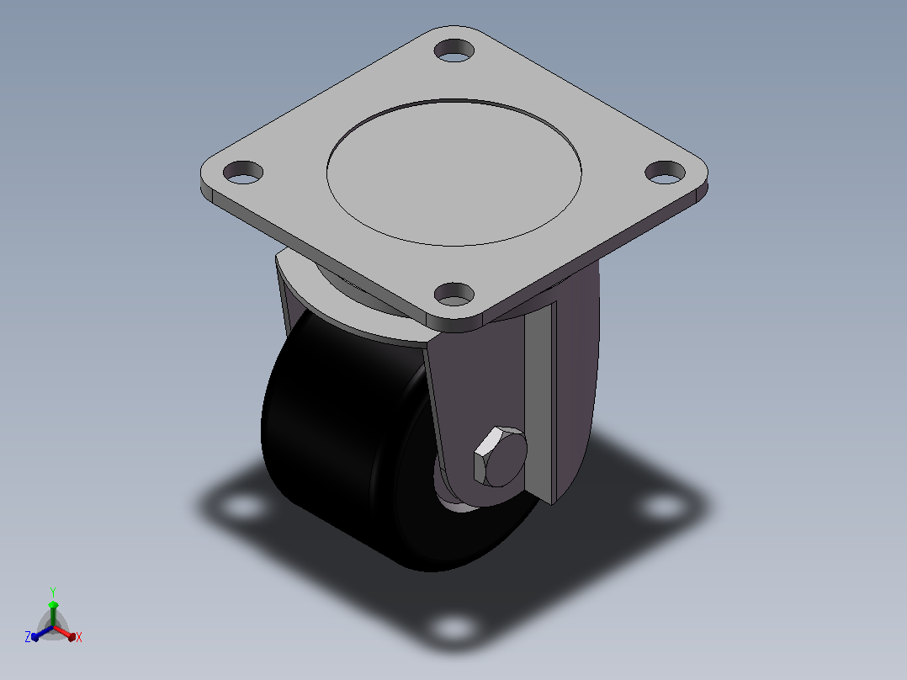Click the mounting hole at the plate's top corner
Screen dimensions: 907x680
(x=454, y=50)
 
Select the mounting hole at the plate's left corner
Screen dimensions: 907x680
(x=243, y=173)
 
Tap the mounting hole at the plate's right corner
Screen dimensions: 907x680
(x=666, y=173)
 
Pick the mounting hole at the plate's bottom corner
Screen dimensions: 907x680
(x=454, y=294)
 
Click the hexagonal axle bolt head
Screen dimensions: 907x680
(x=500, y=457)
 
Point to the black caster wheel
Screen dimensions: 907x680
(x=347, y=445)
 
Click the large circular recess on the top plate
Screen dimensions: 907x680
(x=454, y=173)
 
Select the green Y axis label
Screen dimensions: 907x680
(x=53, y=592)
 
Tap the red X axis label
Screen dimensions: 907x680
(x=79, y=637)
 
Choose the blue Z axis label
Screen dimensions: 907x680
(x=28, y=636)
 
